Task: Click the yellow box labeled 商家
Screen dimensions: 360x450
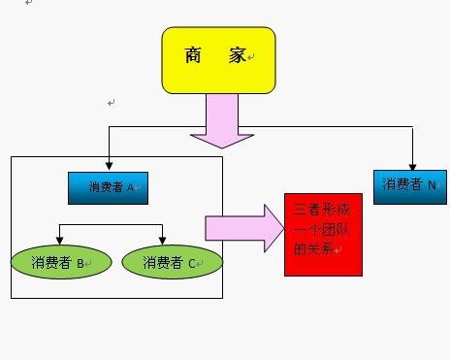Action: pyautogui.click(x=218, y=60)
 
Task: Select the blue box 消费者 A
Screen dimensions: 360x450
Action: pyautogui.click(x=108, y=187)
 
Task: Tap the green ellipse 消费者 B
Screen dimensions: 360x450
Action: pyautogui.click(x=58, y=261)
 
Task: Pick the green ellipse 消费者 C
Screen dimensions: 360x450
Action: pyautogui.click(x=172, y=261)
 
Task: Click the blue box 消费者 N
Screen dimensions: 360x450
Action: pyautogui.click(x=410, y=184)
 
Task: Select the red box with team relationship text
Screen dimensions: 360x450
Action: pyautogui.click(x=323, y=233)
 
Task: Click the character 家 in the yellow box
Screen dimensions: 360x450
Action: pyautogui.click(x=238, y=57)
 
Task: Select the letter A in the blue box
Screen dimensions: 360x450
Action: pyautogui.click(x=131, y=187)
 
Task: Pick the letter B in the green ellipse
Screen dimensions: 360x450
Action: pyautogui.click(x=80, y=262)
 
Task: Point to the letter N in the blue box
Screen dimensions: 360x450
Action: pyautogui.click(x=432, y=184)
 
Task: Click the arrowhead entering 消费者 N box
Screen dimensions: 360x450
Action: pyautogui.click(x=413, y=165)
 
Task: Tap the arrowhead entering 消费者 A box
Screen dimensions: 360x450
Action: pyautogui.click(x=109, y=167)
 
